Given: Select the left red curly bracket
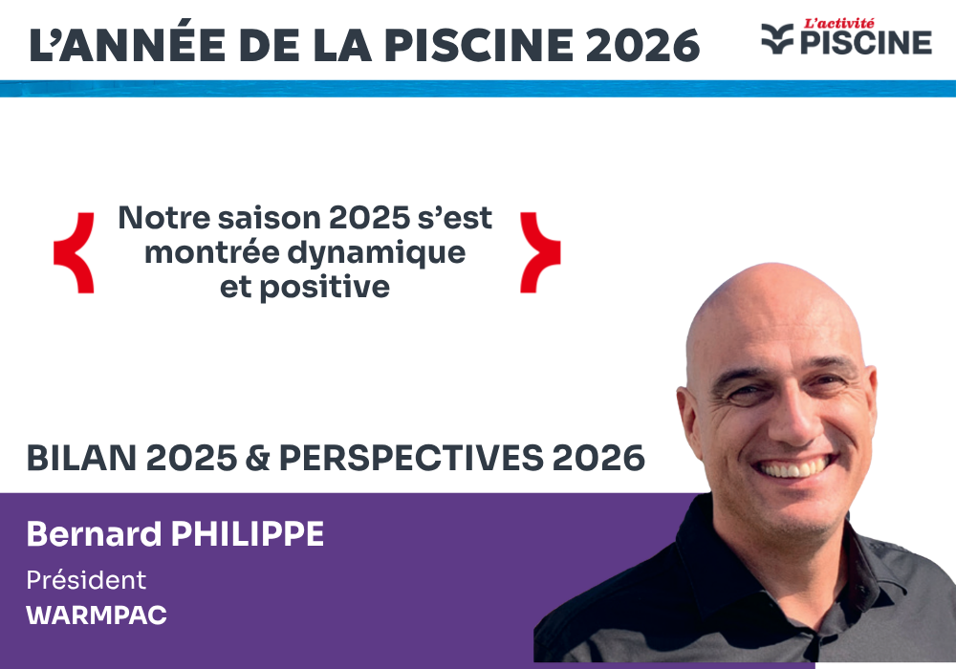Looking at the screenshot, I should click(74, 252).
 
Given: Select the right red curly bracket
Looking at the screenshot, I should click(540, 252).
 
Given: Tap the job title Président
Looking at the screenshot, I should click(86, 580).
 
